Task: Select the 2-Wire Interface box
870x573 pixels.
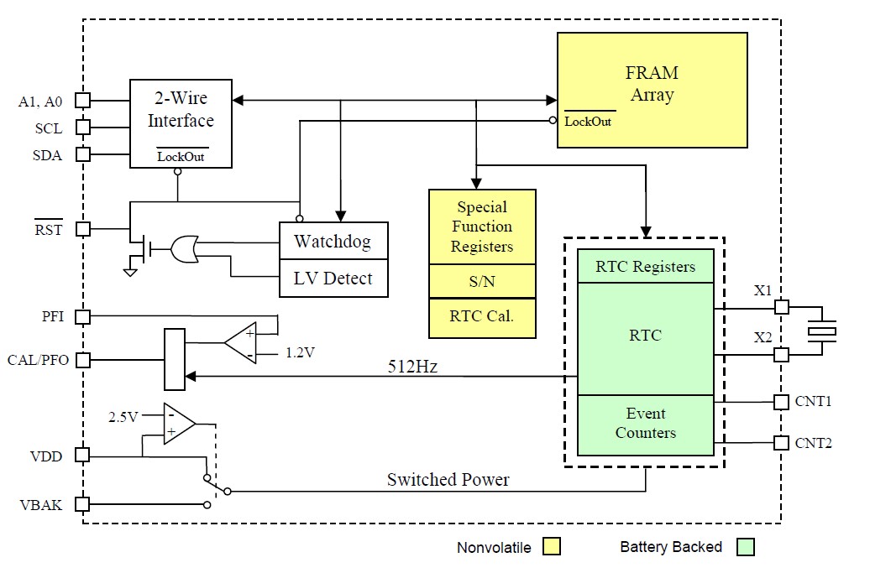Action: point(181,122)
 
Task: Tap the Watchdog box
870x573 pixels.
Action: point(333,242)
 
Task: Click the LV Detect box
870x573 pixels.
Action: point(333,279)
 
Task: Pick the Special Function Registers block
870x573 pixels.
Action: point(482,227)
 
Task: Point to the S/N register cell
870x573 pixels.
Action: point(482,282)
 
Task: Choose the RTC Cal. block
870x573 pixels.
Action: point(482,318)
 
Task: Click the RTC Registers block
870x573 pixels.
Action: point(645,267)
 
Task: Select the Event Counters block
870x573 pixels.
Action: point(645,425)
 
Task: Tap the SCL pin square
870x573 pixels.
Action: point(82,128)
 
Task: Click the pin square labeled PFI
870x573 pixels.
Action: point(82,316)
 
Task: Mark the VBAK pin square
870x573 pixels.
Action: point(82,504)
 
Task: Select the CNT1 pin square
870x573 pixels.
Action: point(781,402)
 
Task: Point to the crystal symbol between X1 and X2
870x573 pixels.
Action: point(822,331)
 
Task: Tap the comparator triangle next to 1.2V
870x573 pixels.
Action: point(242,342)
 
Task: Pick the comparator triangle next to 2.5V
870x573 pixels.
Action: point(179,424)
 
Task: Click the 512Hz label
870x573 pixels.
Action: point(412,367)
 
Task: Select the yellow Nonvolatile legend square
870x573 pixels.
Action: point(552,547)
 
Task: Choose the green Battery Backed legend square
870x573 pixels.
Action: point(745,547)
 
